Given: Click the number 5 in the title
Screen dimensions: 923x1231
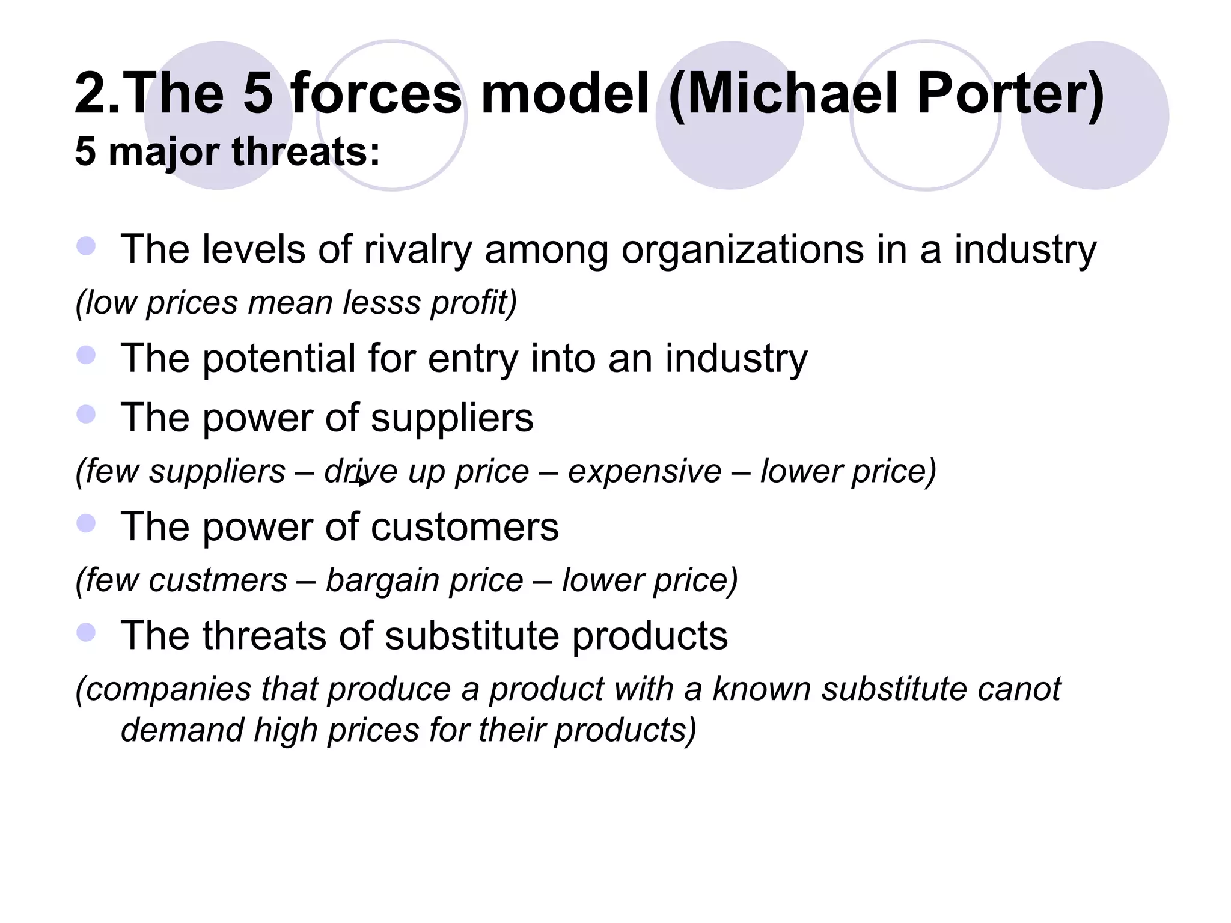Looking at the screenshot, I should point(258,94).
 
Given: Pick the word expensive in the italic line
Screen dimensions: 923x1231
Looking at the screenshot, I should point(644,471).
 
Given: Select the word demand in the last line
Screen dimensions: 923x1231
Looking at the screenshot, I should point(181,730).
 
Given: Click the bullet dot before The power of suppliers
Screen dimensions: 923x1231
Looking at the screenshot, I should point(87,415).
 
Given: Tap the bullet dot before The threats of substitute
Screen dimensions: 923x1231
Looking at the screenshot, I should point(87,632).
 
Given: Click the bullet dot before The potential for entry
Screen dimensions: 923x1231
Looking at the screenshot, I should point(87,355).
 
